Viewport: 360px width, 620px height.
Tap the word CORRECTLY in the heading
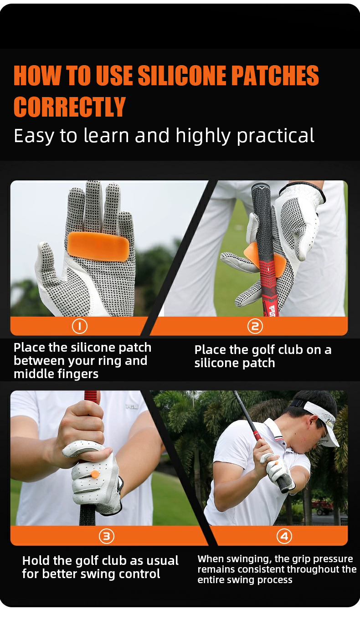coord(70,107)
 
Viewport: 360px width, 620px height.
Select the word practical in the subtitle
coord(275,136)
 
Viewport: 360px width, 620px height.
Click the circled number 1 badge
coord(80,326)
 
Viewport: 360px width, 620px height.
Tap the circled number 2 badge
coord(255,326)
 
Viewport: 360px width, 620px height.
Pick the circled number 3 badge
coord(107,536)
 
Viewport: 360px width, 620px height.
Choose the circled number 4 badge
coord(284,536)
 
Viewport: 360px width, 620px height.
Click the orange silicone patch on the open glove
coord(98,246)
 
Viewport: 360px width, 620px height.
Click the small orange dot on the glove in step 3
coord(95,474)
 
